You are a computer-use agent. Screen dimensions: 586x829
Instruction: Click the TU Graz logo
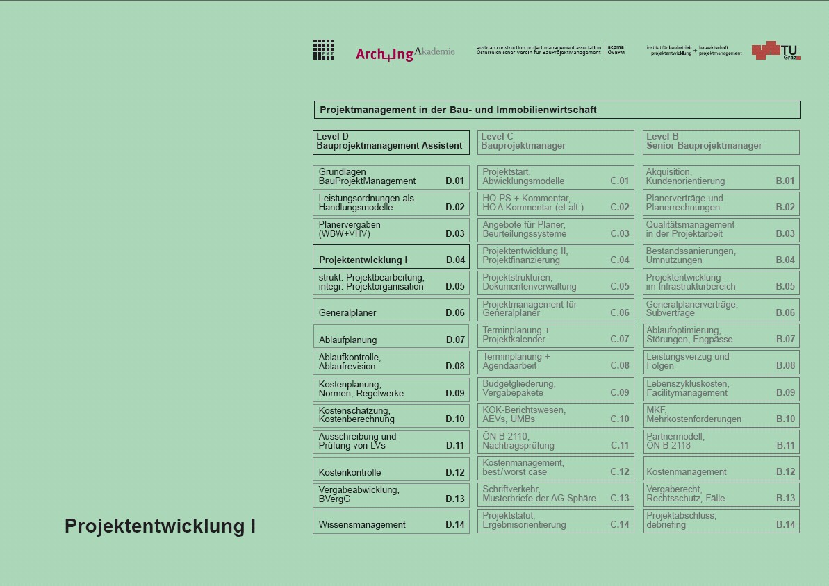[x=775, y=51]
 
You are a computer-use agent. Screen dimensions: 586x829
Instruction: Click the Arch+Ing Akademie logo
[x=404, y=53]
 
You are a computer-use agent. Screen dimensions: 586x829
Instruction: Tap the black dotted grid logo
[x=323, y=49]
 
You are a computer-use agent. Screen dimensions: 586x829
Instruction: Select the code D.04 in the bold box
[x=455, y=260]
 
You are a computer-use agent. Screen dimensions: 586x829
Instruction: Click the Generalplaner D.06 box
[x=391, y=310]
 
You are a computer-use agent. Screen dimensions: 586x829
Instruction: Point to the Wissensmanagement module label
[x=362, y=525]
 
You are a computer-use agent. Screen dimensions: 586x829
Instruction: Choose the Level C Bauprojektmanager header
[x=555, y=142]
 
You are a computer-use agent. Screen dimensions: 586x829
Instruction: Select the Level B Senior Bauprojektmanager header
[x=721, y=142]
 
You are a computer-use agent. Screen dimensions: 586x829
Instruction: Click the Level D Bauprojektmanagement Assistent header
[x=391, y=142]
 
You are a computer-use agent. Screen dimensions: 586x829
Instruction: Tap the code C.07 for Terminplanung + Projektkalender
[x=619, y=340]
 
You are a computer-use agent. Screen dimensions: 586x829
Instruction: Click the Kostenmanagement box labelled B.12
[x=721, y=469]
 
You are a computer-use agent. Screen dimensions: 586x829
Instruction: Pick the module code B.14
[x=785, y=525]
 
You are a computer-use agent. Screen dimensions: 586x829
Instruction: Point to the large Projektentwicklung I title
[x=160, y=526]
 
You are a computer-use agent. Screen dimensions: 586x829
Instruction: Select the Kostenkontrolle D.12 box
[x=391, y=469]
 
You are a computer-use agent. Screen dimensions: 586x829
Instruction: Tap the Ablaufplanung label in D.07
[x=348, y=340]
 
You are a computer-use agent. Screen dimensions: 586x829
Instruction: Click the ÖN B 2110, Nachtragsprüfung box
[x=555, y=442]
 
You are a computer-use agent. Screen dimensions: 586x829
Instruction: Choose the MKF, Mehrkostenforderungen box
[x=721, y=415]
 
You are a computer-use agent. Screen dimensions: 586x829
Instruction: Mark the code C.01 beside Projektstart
[x=619, y=181]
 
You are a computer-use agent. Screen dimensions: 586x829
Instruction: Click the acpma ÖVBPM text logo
[x=616, y=50]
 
